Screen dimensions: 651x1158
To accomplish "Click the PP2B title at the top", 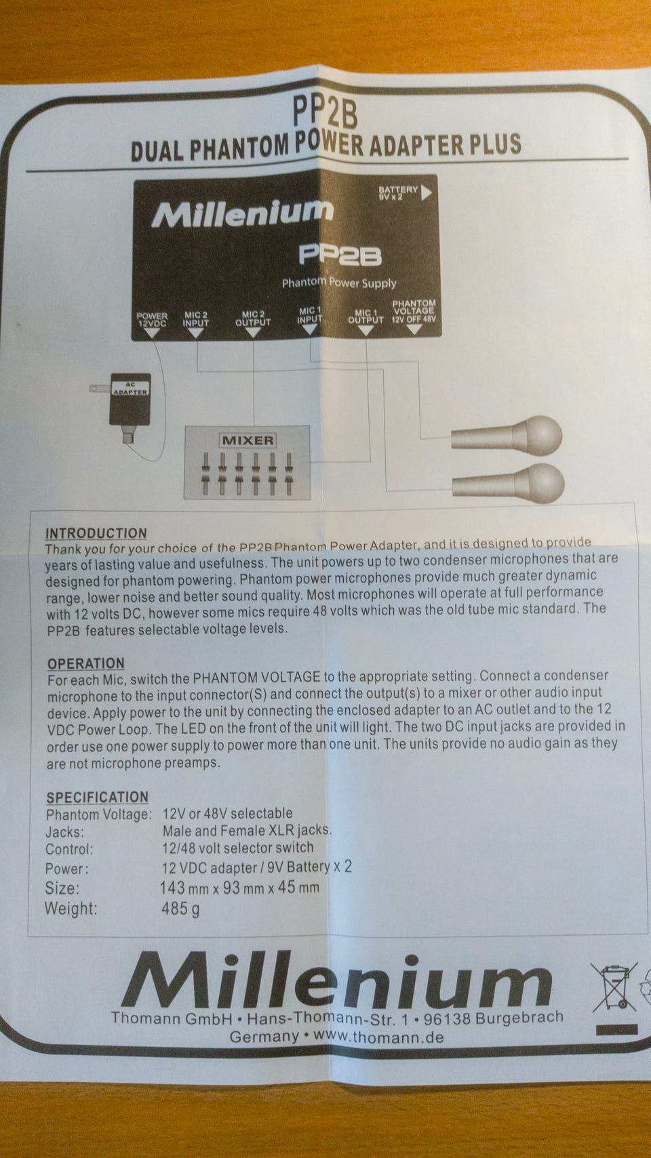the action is (x=325, y=112).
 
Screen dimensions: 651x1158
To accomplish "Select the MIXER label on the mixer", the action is (x=248, y=440).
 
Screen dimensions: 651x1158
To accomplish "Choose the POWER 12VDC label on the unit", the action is (x=152, y=320).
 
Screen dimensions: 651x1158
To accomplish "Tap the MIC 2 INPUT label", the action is (x=195, y=319).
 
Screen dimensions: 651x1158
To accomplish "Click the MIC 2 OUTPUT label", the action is (x=253, y=318).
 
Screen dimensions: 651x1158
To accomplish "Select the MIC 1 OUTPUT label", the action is (x=366, y=316).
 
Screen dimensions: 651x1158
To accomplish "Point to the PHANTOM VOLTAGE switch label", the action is (x=414, y=311).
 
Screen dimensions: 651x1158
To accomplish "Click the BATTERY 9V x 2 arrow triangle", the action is (x=427, y=193).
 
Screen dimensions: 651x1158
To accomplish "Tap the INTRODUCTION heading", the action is (x=96, y=533).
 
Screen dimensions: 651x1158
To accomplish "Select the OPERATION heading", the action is (x=86, y=663).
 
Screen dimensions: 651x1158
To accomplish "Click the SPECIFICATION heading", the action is (x=97, y=797).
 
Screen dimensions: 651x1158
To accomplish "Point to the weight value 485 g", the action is (x=180, y=909).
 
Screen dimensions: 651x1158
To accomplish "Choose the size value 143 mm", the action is (x=184, y=888).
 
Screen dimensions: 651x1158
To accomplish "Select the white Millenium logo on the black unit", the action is (x=242, y=213).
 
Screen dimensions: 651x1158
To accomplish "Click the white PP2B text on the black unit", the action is (x=340, y=255).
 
